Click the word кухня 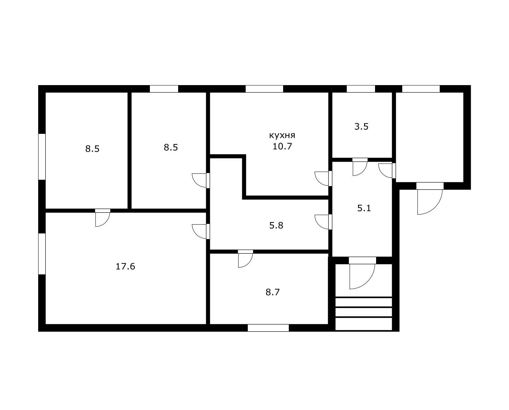(282, 136)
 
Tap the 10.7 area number (282, 147)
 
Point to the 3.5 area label (361, 127)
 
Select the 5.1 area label (364, 208)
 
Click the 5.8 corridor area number (276, 225)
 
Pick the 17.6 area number (125, 267)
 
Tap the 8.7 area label (273, 292)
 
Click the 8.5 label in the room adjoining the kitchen (171, 148)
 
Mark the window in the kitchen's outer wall (264, 89)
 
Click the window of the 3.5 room (361, 89)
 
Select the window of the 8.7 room (268, 328)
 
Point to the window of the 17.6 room (42, 254)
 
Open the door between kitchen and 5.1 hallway (323, 178)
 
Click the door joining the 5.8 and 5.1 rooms (323, 222)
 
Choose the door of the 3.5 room (360, 167)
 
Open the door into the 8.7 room (246, 259)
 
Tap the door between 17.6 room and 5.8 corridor (200, 231)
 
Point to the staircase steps (364, 314)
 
